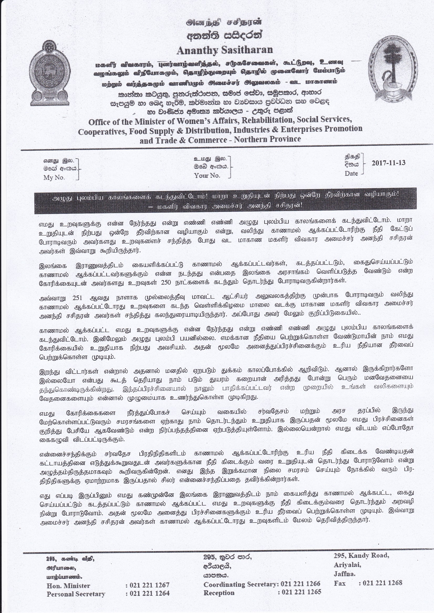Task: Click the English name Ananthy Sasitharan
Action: [x=225, y=50]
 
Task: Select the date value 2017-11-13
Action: [x=388, y=163]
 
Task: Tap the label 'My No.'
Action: [x=54, y=178]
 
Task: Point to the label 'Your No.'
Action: [x=207, y=176]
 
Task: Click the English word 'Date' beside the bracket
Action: [x=351, y=174]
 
